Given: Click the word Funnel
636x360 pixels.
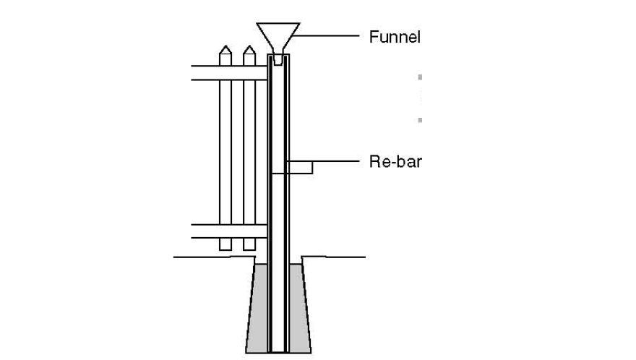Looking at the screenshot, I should [x=394, y=37].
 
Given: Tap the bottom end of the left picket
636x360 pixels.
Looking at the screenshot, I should [x=225, y=247].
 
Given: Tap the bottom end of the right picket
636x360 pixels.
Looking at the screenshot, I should [x=249, y=247].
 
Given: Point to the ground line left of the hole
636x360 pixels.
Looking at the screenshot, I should [x=210, y=256].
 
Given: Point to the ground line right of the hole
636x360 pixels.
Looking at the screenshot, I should [x=336, y=256].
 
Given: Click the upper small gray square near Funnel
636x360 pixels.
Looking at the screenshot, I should [x=420, y=76].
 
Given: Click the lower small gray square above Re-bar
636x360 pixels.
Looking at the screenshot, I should [x=420, y=119].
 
